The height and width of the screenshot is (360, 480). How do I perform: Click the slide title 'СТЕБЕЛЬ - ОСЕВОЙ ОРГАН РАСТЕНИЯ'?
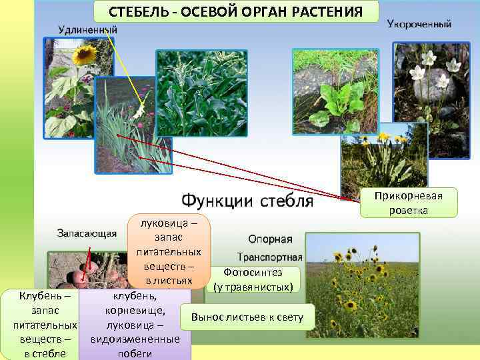(x=236, y=11)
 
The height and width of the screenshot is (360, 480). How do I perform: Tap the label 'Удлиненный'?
(x=88, y=29)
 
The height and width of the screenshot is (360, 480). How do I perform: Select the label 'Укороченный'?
(x=419, y=24)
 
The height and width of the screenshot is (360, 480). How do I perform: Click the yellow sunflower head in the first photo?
(x=85, y=55)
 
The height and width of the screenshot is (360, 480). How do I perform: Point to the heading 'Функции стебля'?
(x=247, y=201)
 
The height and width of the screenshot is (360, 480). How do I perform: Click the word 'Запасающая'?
(x=87, y=233)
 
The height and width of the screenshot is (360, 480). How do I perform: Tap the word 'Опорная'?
(x=270, y=239)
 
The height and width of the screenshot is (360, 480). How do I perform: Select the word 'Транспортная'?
(x=270, y=257)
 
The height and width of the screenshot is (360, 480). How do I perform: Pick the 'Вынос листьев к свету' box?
(x=247, y=317)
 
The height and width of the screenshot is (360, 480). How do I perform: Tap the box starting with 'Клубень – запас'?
(x=40, y=323)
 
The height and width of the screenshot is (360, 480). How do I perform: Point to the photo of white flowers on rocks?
(x=431, y=100)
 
